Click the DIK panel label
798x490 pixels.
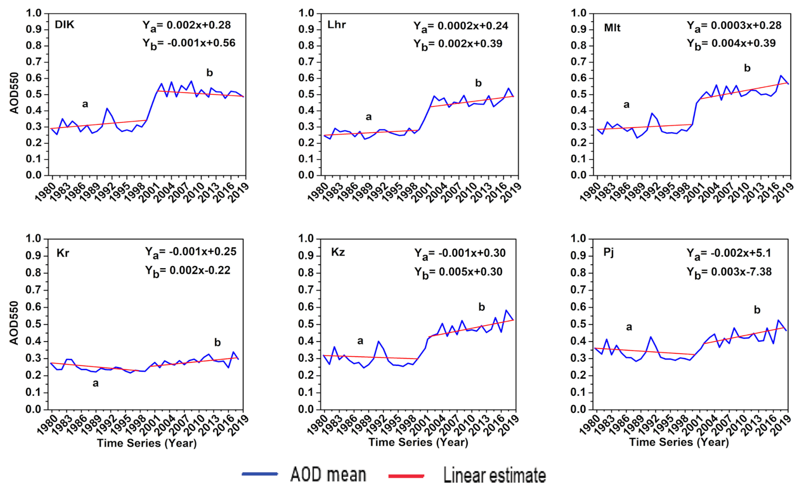point(64,25)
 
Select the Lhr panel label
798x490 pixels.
point(336,25)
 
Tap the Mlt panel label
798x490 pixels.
point(612,28)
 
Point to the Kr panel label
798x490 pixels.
point(62,253)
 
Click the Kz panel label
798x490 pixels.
point(338,252)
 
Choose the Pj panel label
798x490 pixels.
point(608,252)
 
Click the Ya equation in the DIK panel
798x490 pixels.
point(187,26)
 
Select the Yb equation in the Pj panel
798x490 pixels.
point(729,273)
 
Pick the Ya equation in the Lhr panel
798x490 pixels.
point(460,26)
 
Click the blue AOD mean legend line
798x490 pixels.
point(260,474)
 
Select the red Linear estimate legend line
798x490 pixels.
point(406,476)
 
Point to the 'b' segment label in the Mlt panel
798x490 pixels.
point(747,68)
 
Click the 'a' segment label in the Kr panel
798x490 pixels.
point(95,383)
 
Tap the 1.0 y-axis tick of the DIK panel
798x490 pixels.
point(34,13)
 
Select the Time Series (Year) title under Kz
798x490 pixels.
point(418,442)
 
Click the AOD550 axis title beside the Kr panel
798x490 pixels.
point(14,323)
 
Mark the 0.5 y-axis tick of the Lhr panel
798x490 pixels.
point(306,94)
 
